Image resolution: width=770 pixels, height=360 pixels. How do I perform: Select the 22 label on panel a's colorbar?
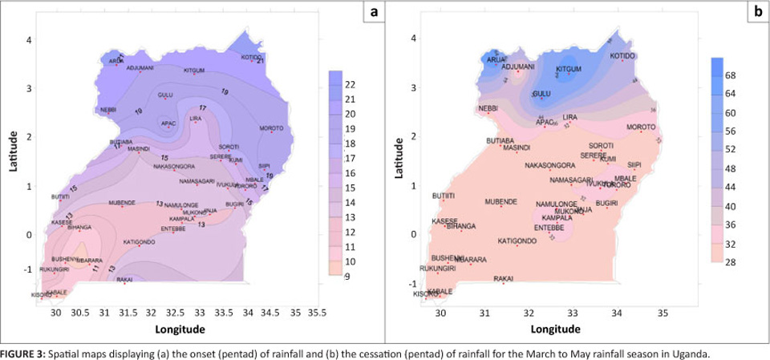(x=350, y=84)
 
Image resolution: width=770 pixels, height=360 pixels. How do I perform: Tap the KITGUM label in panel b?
(x=568, y=69)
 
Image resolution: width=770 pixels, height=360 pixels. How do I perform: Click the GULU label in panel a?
(x=165, y=95)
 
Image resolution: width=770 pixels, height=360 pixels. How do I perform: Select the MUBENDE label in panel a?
(x=122, y=202)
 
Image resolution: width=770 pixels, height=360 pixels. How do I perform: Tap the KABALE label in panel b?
(x=440, y=291)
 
